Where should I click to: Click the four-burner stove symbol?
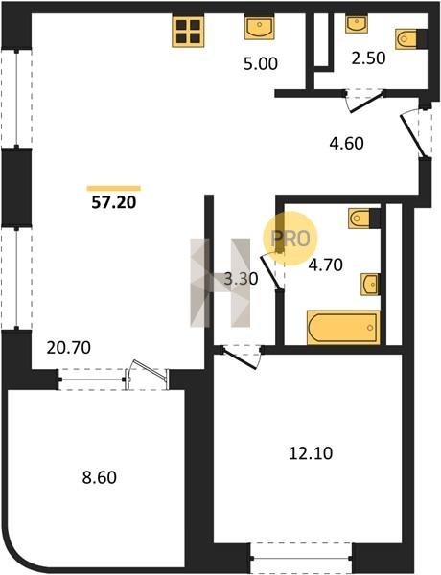188,32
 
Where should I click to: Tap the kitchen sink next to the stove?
260,28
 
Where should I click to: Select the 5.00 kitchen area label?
261,64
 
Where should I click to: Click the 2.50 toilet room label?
368,58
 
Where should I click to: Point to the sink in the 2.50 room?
357,24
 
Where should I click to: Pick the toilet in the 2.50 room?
411,39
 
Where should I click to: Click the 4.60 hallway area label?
347,143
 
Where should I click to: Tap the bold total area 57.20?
114,202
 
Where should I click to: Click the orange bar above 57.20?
114,189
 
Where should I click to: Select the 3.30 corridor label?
241,279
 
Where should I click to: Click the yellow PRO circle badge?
290,239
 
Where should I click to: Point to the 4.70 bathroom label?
325,264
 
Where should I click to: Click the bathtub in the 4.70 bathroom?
343,328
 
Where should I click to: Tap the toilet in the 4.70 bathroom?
364,218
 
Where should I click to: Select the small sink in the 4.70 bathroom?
370,284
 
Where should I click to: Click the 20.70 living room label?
69,347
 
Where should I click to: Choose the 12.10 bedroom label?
311,453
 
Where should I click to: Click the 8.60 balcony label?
99,478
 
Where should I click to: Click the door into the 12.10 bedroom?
241,356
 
